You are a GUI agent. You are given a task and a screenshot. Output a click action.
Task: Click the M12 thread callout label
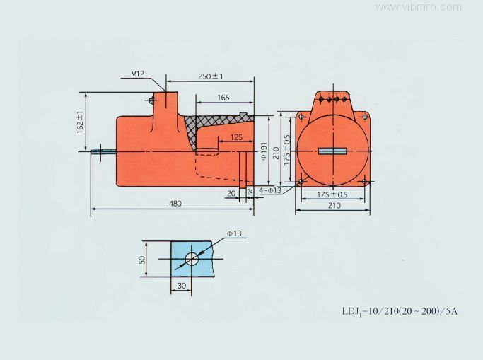(x=137, y=74)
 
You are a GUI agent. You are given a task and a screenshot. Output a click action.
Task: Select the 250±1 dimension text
(x=211, y=76)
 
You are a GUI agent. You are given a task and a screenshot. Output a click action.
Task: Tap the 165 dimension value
(x=223, y=98)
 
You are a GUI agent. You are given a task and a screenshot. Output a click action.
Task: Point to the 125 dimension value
(x=236, y=137)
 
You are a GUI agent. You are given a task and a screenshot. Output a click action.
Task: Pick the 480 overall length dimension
(x=175, y=203)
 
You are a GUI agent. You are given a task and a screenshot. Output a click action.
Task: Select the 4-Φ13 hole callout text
(x=270, y=190)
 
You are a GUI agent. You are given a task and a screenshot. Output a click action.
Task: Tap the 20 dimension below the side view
(x=231, y=193)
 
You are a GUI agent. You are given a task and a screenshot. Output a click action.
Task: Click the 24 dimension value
(x=250, y=192)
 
